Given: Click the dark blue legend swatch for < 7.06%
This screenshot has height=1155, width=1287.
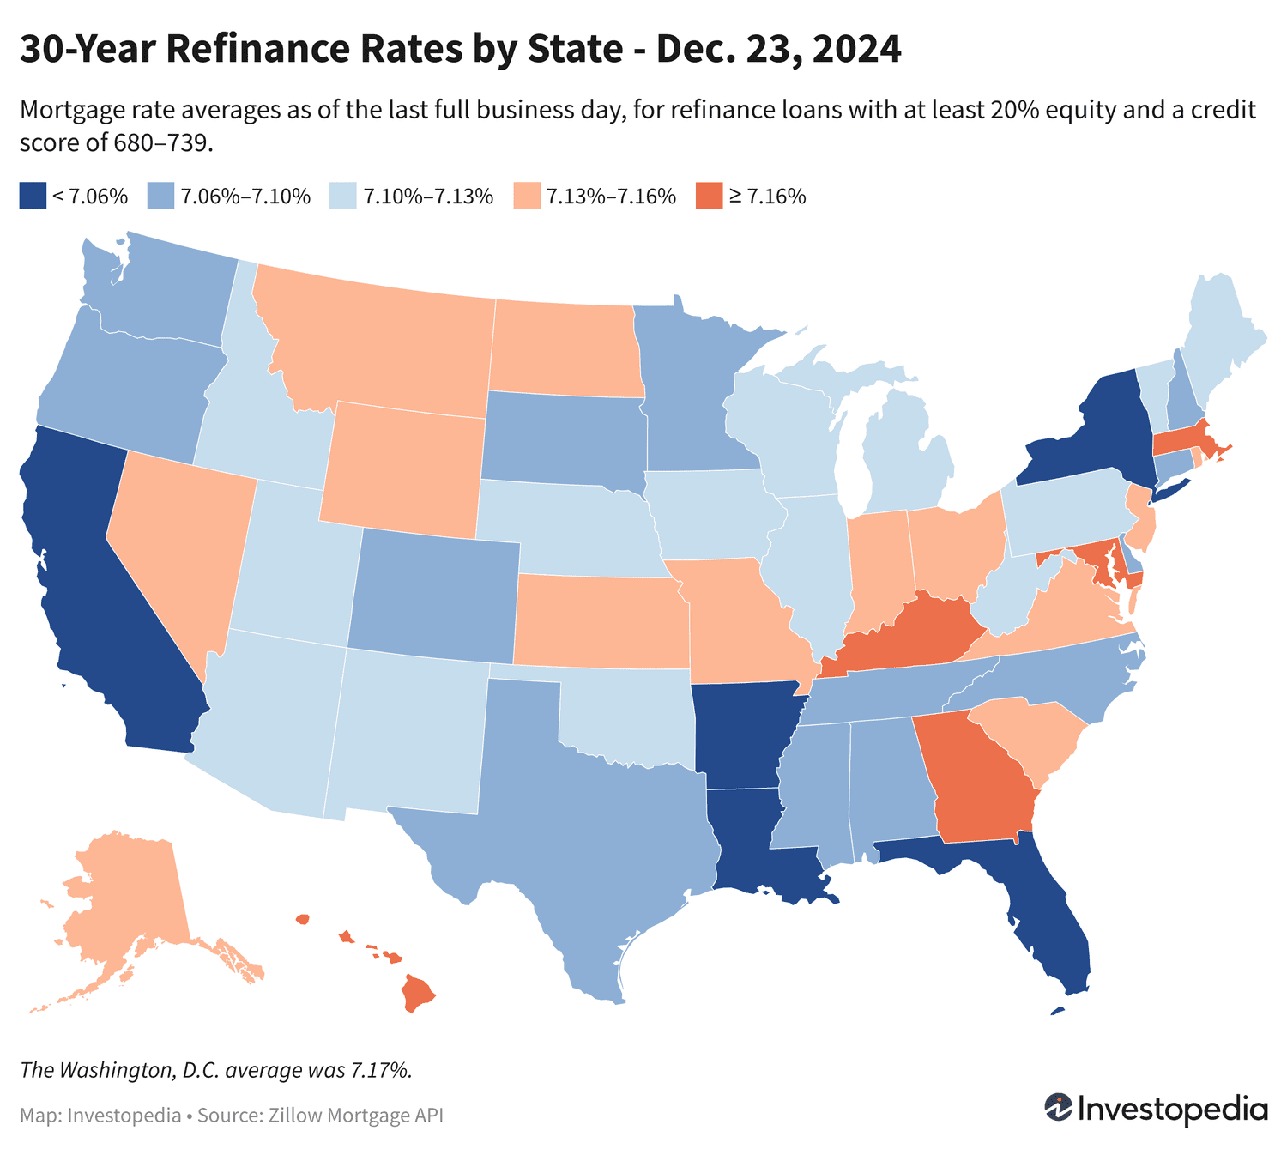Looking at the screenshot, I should point(32,196).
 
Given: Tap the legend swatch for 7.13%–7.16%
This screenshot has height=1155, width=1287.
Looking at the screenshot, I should point(526,196).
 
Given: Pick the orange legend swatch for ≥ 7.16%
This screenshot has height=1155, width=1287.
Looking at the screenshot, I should point(708,196).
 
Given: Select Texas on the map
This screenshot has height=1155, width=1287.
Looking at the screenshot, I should point(583,824).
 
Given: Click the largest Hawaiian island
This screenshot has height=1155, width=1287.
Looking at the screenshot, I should point(417,994).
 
